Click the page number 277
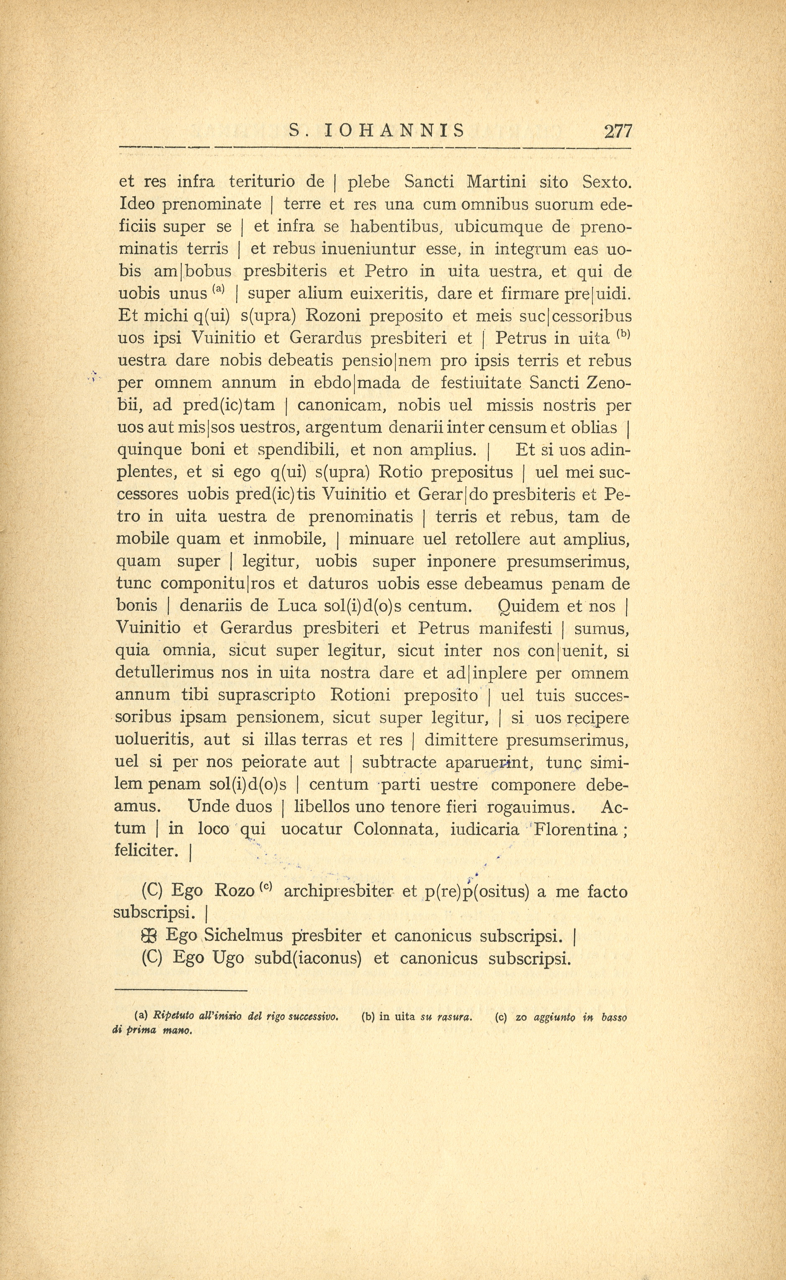pos(618,131)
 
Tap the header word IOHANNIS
pos(395,130)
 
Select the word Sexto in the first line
pos(606,182)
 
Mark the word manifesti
pos(515,628)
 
